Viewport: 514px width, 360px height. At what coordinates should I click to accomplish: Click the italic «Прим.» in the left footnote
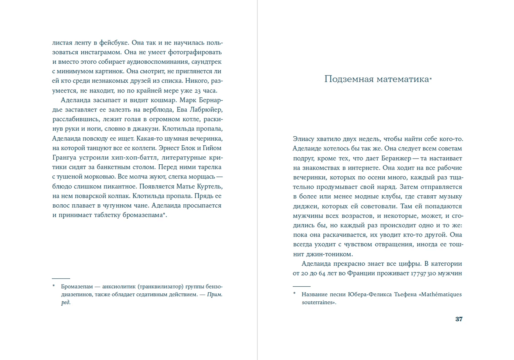[x=214, y=294]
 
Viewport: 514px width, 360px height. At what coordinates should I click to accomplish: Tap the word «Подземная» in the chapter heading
[x=349, y=79]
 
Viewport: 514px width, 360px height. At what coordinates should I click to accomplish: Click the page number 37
[x=459, y=319]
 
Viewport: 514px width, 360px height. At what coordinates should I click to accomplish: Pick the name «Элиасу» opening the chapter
[x=303, y=139]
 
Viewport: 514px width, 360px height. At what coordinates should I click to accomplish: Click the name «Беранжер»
[x=396, y=159]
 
